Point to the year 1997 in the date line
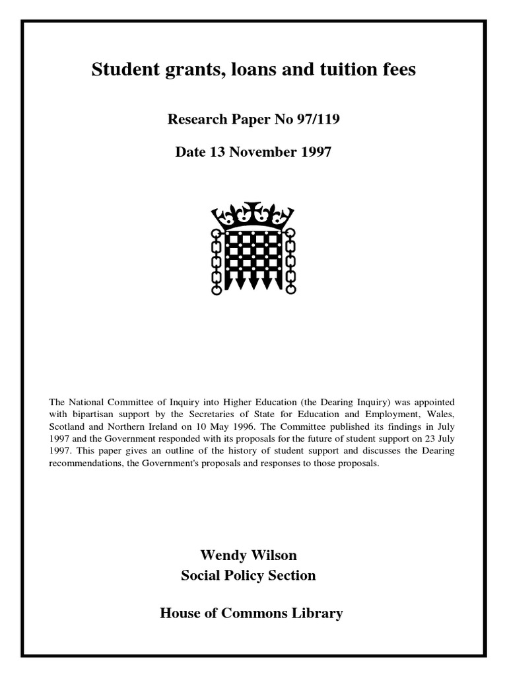316,152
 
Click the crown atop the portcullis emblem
253,216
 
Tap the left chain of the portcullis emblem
216,260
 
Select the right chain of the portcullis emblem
290,260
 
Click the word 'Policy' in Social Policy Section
242,575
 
